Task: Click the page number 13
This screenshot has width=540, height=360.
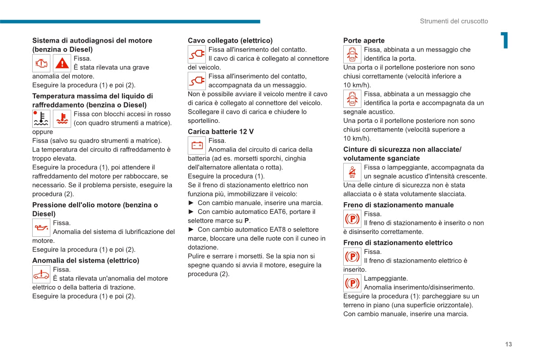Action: tap(508, 344)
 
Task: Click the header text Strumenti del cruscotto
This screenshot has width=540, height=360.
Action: tap(454, 21)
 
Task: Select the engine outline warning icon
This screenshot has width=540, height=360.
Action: tap(41, 63)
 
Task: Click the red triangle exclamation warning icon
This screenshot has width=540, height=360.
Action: tap(62, 63)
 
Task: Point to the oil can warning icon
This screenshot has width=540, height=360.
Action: tap(41, 227)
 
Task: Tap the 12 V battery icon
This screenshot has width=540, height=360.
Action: tap(197, 145)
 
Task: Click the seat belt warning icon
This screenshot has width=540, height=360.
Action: tap(352, 172)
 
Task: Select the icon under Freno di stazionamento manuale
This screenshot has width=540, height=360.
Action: tap(352, 219)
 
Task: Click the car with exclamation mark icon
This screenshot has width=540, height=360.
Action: tap(41, 274)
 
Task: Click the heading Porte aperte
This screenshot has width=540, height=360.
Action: tap(364, 41)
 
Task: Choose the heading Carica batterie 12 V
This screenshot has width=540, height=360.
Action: tap(221, 131)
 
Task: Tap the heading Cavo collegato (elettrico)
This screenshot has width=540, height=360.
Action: tap(230, 41)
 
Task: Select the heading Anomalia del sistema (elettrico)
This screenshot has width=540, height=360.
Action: tap(86, 261)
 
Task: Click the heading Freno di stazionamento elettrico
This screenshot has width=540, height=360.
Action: tap(398, 243)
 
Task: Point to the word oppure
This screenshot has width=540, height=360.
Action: tap(43, 132)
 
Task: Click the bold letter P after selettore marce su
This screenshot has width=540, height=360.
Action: tap(247, 221)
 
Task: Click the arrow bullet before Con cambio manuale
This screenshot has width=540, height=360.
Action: tap(191, 203)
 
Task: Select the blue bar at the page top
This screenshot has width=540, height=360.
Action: tap(130, 21)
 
